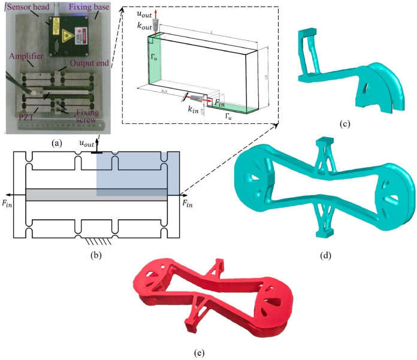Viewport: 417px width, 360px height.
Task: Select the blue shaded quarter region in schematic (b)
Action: pos(138,174)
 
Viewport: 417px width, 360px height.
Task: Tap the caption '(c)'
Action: pos(344,124)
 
